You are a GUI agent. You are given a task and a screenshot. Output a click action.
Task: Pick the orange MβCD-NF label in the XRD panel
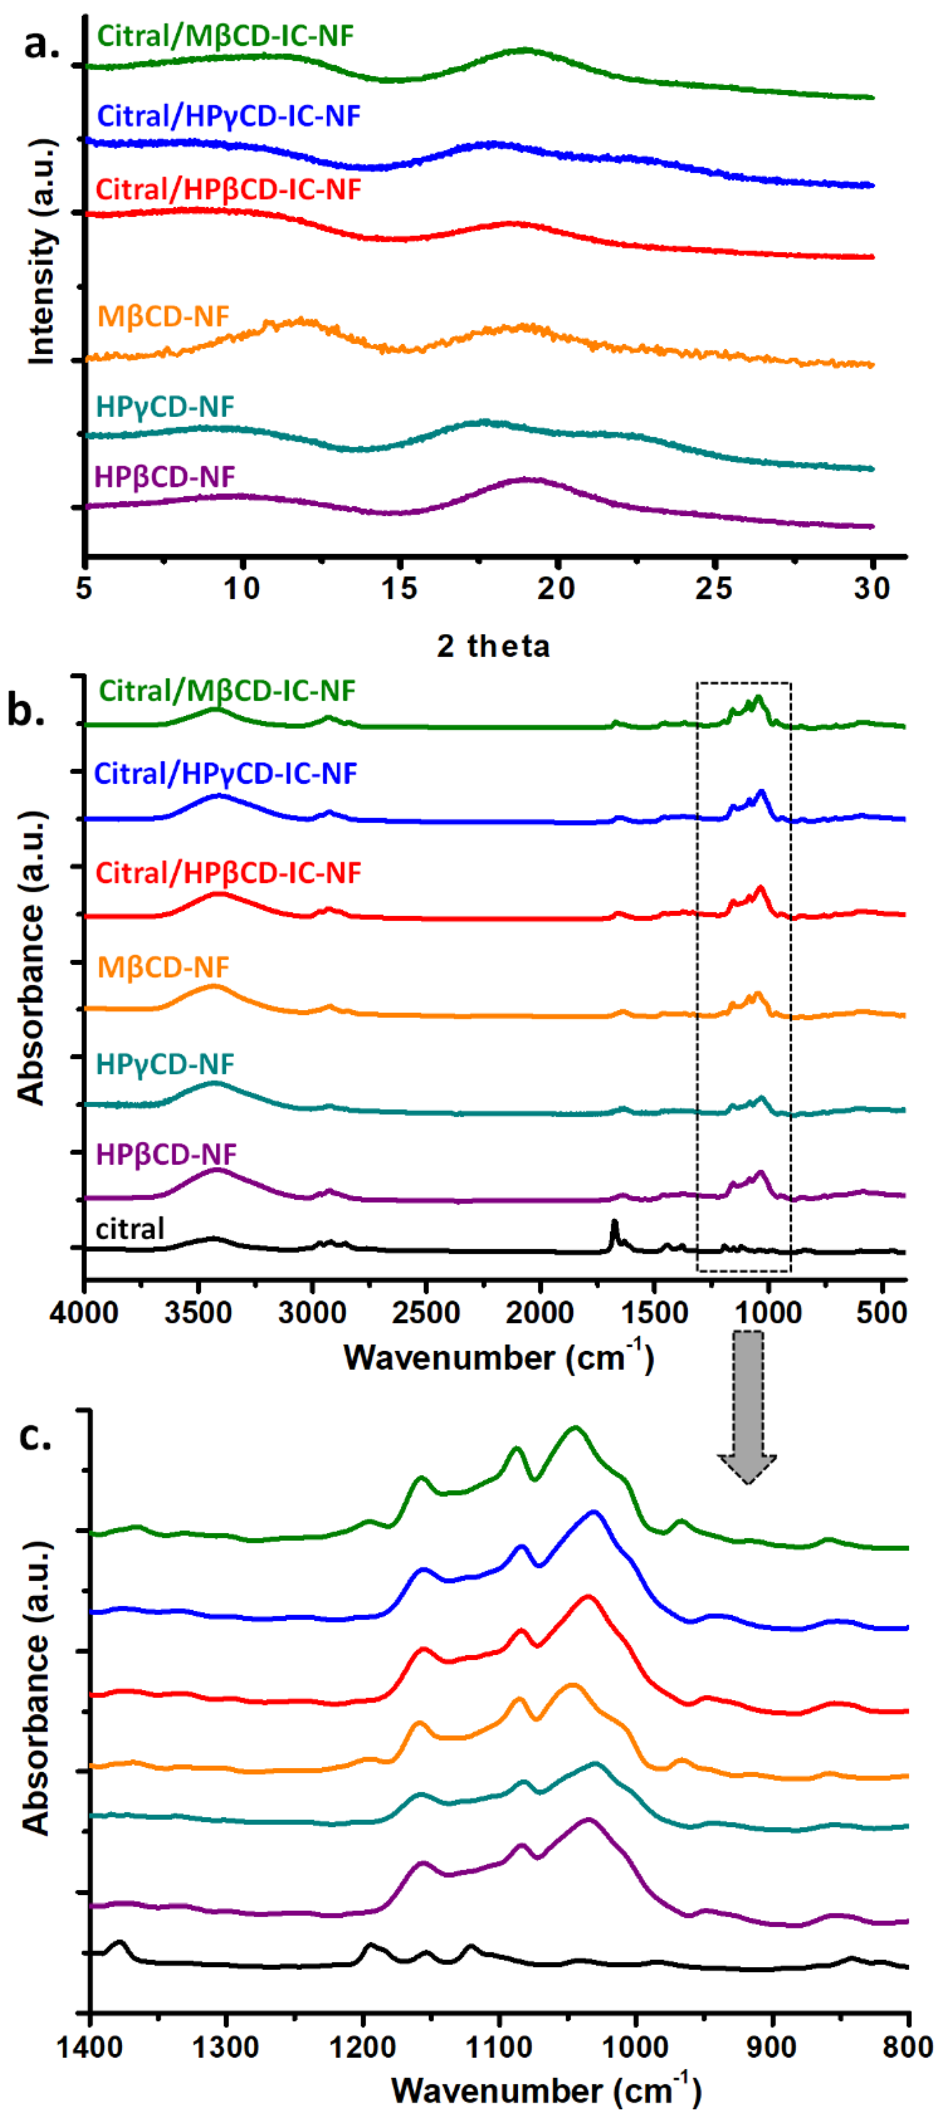click(x=163, y=316)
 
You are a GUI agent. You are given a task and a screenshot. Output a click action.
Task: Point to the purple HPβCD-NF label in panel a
click(x=164, y=476)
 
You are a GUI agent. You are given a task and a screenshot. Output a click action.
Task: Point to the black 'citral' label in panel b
click(x=130, y=1229)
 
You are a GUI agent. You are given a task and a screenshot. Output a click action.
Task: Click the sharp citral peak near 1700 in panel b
click(x=614, y=1223)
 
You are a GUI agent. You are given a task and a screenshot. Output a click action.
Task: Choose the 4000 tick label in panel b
click(x=84, y=1313)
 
